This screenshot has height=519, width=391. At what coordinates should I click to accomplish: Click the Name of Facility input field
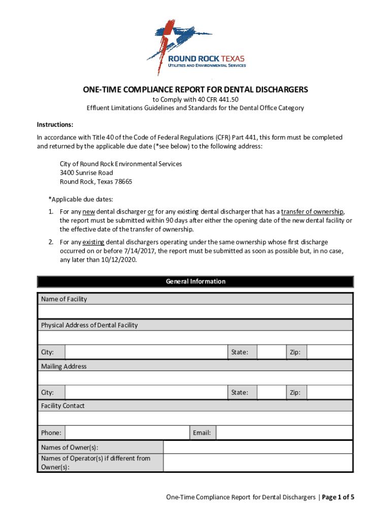coord(195,311)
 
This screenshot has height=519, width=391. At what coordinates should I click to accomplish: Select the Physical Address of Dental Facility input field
coord(195,338)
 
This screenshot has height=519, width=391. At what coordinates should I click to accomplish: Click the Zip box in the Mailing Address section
coord(330,392)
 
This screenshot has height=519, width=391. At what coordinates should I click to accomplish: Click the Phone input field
coord(127,432)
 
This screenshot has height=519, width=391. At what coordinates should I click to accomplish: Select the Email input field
coord(284,432)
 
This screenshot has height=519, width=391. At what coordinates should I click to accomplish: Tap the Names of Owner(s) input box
coord(258,447)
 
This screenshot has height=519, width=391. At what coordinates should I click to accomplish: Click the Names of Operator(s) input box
coord(258,462)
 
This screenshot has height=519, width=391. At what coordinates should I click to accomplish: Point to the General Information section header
coord(195,281)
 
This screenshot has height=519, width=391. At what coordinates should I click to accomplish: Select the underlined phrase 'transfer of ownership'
coord(312,211)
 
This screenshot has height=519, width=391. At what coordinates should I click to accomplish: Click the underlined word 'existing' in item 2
coord(93,242)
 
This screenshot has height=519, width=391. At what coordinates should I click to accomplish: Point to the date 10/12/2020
coord(120,261)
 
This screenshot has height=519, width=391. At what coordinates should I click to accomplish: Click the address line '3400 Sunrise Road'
coord(86,173)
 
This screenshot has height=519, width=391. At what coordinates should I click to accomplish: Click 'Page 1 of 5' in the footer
coord(338,497)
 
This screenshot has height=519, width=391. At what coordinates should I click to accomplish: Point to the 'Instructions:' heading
coord(55,125)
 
